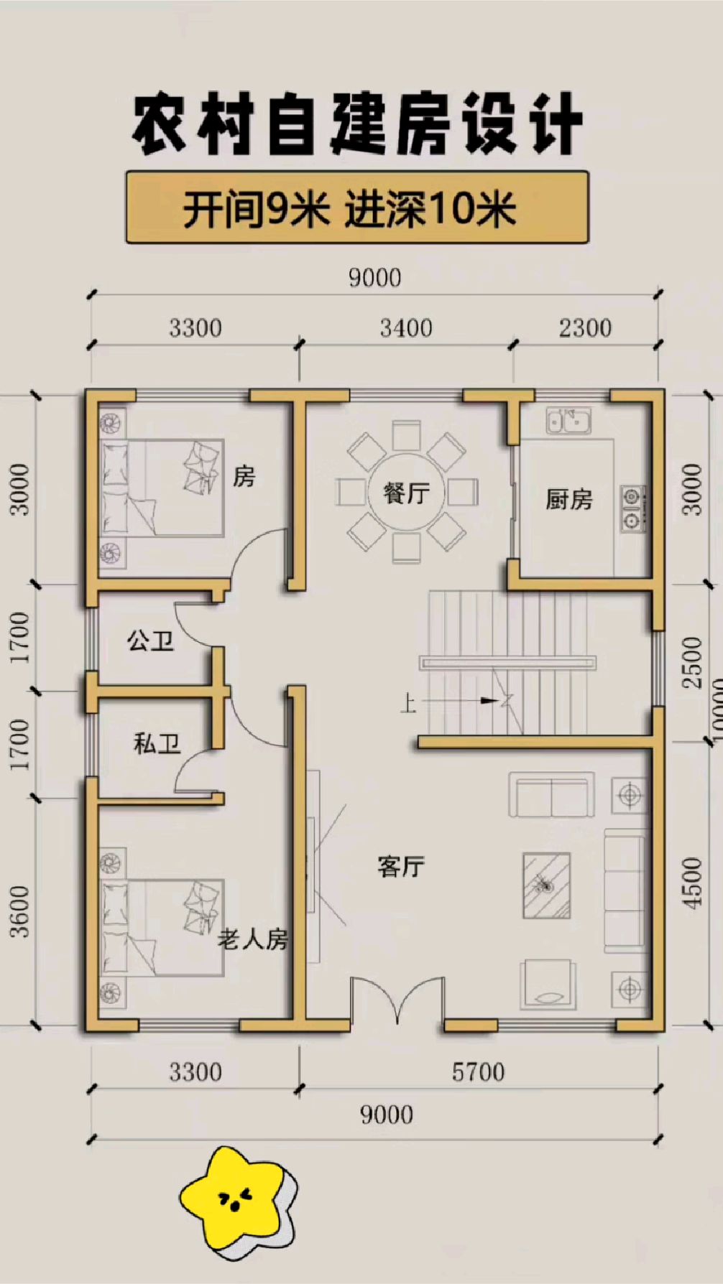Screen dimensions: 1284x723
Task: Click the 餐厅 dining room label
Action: click(406, 493)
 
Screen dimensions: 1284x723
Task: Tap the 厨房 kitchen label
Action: click(568, 498)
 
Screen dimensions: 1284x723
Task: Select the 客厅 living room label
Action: click(401, 866)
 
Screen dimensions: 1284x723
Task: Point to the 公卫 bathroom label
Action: click(150, 640)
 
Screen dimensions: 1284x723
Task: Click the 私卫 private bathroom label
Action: click(157, 743)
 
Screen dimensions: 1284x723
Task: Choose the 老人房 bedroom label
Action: click(253, 939)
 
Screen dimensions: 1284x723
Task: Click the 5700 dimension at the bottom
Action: click(478, 1072)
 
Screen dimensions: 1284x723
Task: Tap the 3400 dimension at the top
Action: click(406, 328)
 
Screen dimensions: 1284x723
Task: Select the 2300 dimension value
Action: click(585, 328)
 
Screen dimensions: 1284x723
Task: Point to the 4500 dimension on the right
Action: click(691, 883)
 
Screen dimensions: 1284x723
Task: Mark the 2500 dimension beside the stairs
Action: click(691, 662)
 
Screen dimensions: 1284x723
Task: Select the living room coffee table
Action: click(546, 885)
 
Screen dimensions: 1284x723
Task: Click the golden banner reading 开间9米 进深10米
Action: click(357, 208)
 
